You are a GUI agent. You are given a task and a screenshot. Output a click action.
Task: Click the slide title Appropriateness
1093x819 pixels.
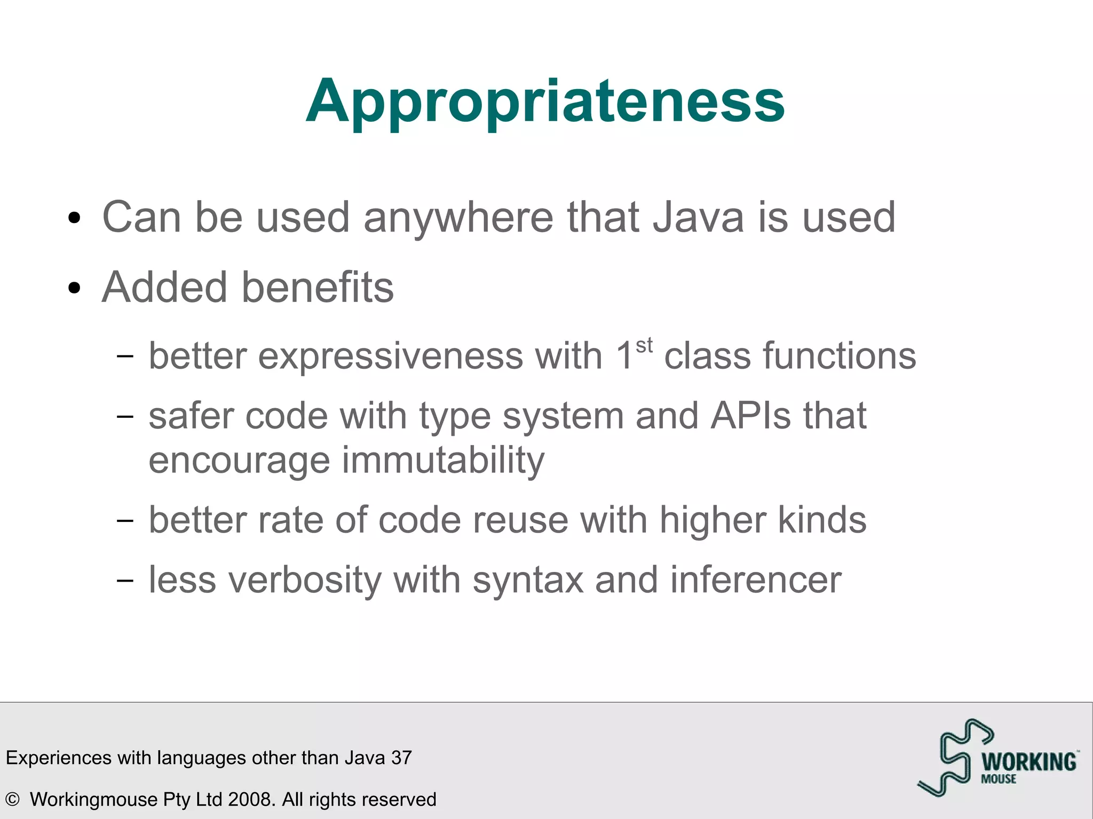point(545,101)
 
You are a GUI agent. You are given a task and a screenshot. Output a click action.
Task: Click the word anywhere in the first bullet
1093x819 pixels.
point(458,218)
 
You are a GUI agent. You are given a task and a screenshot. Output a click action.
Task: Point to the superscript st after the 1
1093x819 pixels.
point(644,346)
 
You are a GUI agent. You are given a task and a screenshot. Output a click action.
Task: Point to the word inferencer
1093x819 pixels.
point(756,580)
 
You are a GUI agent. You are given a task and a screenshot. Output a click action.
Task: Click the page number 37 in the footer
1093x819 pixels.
point(401,758)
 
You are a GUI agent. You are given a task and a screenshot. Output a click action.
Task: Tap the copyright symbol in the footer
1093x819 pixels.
point(12,799)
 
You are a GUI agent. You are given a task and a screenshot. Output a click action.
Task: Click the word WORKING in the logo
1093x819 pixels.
point(1029,761)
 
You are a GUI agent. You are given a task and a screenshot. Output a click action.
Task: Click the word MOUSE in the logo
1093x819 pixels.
point(999,779)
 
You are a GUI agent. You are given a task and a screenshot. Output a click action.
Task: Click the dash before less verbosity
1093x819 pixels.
point(124,580)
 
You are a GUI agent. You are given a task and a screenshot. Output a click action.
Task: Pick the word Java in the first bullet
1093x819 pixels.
point(698,218)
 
